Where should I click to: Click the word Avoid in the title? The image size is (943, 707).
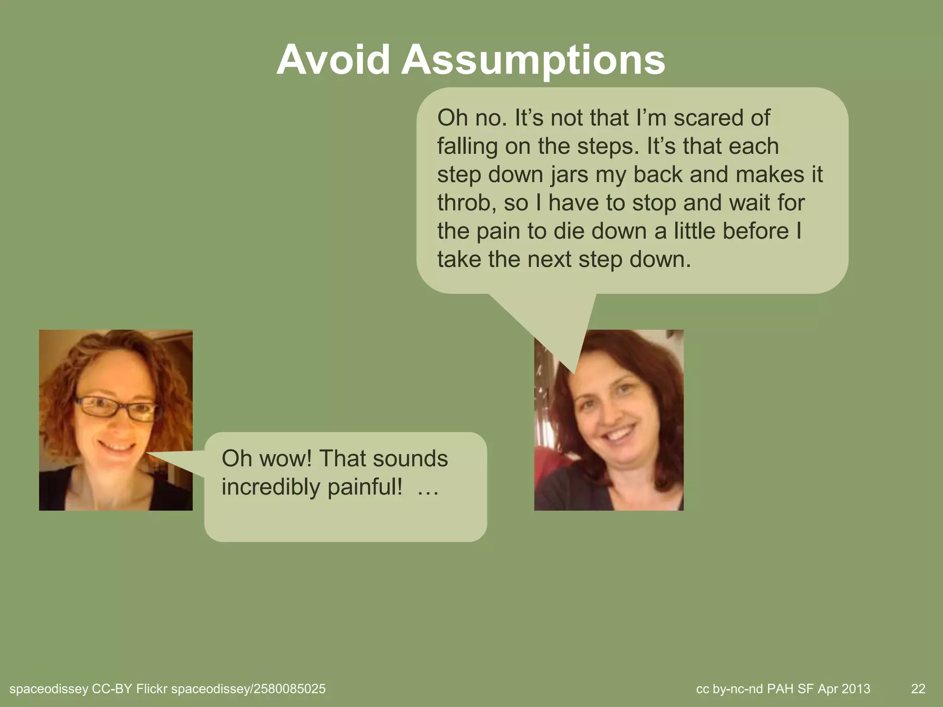coord(332,60)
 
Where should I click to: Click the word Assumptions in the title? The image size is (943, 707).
coord(533,61)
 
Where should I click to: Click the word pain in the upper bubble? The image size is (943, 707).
coord(498,231)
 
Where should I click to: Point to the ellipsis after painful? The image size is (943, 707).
coord(427,490)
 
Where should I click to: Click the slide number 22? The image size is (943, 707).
coord(918,689)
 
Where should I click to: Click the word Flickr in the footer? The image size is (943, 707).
coord(151,689)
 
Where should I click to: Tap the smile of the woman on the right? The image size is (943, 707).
coord(615,435)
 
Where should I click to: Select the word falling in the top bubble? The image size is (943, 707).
coord(467,146)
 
